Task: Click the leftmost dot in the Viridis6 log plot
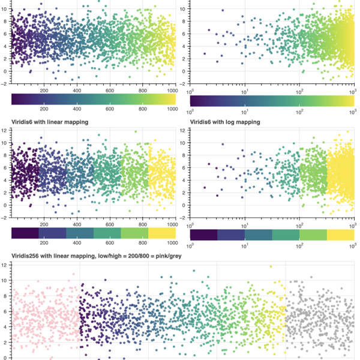point(204,188)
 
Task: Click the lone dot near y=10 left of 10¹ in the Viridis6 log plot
point(223,145)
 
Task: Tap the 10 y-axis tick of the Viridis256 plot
point(4,280)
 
